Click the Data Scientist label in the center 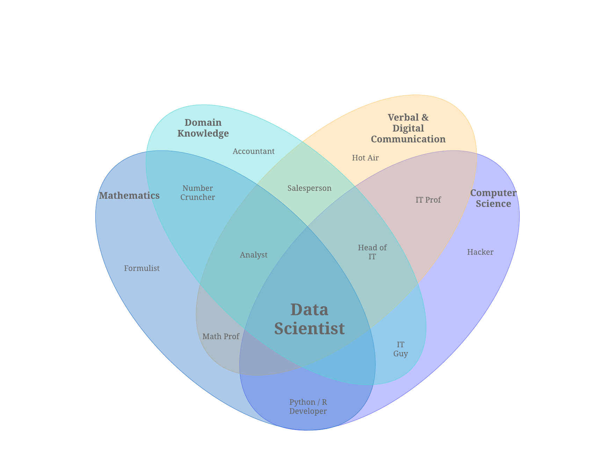tap(309, 319)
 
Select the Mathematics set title tap(129, 196)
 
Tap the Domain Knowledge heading tap(203, 128)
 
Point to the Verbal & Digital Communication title tap(408, 128)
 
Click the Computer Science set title tap(493, 198)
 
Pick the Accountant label tap(254, 151)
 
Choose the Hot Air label tap(365, 158)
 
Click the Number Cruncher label tap(198, 193)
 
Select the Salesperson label tap(310, 188)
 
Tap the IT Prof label tap(428, 200)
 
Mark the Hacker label tap(480, 252)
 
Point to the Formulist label tap(142, 268)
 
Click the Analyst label tap(254, 255)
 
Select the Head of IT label tap(372, 252)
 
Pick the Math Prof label tap(221, 336)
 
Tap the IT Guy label tap(400, 349)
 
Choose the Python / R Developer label tap(308, 407)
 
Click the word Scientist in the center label tap(309, 328)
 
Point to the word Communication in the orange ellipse tap(408, 139)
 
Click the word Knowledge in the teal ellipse tap(203, 133)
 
